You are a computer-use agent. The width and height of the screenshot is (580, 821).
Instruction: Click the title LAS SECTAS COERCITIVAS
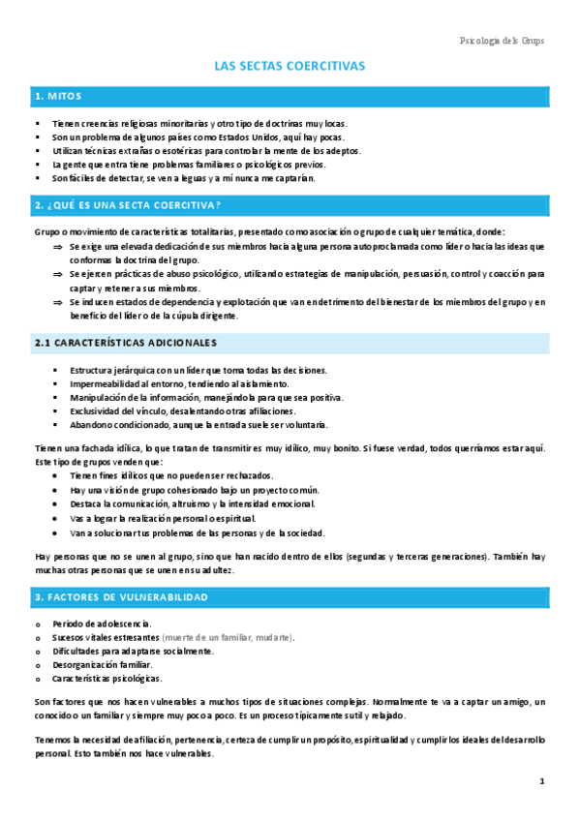point(290,66)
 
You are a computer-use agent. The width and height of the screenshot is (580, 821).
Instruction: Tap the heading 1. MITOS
point(58,97)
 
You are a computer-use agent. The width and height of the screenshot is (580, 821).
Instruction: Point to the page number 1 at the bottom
point(542,780)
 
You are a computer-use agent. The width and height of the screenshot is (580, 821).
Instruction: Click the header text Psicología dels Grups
point(501,41)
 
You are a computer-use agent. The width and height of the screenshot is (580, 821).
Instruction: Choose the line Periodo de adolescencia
point(102,623)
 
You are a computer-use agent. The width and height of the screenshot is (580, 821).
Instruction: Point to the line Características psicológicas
point(112,679)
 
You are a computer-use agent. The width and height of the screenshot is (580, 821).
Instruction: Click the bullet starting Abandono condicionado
point(198,424)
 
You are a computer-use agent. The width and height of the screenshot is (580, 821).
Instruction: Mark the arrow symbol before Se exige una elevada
point(57,247)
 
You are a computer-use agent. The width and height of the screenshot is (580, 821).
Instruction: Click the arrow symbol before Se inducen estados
point(57,302)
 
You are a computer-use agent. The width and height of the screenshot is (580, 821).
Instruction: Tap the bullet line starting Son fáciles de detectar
point(184,178)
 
